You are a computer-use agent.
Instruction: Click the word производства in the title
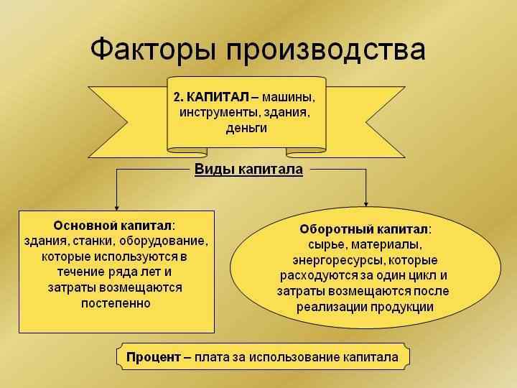pos(325,50)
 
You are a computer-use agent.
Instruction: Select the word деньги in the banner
pos(246,129)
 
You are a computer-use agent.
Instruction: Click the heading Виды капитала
pos(248,170)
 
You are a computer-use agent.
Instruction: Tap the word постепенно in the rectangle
pos(116,302)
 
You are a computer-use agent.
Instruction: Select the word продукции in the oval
pos(401,307)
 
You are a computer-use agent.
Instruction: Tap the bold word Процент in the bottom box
pos(153,356)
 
